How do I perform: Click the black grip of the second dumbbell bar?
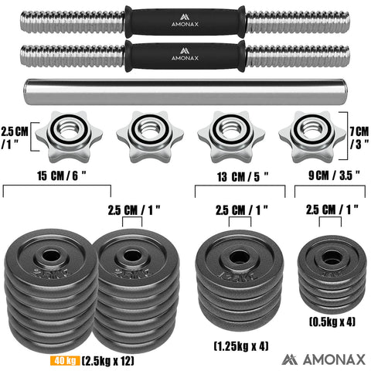[x=185, y=56]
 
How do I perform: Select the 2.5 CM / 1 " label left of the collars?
[x=13, y=135]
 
